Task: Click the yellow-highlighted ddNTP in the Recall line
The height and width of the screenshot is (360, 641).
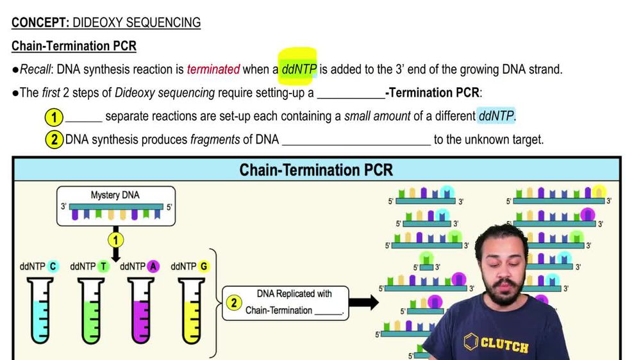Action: pyautogui.click(x=299, y=69)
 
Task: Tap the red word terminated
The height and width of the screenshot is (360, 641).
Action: pyautogui.click(x=213, y=69)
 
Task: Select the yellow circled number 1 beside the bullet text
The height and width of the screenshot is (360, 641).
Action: pyautogui.click(x=54, y=117)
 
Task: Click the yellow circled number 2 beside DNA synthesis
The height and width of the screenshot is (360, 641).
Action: pyautogui.click(x=54, y=139)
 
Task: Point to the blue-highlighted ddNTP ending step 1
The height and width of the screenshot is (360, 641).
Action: pyautogui.click(x=496, y=117)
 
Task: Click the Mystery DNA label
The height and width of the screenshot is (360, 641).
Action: pyautogui.click(x=115, y=195)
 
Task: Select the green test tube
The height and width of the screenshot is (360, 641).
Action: pyautogui.click(x=92, y=311)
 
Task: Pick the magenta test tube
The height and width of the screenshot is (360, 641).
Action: pyautogui.click(x=142, y=311)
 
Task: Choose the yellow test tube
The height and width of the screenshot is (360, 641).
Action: pyautogui.click(x=192, y=311)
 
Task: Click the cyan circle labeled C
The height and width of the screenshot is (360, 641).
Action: pyautogui.click(x=53, y=266)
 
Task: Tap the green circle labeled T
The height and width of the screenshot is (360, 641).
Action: pyautogui.click(x=103, y=266)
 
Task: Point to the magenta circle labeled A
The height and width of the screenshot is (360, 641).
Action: pyautogui.click(x=153, y=266)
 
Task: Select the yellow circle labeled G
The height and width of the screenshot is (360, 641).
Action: pyautogui.click(x=204, y=266)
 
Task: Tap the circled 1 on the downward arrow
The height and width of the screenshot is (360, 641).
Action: pyautogui.click(x=115, y=240)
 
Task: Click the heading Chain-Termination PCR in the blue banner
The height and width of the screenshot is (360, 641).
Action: pyautogui.click(x=316, y=169)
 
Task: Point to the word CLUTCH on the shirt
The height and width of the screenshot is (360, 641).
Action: pyautogui.click(x=504, y=345)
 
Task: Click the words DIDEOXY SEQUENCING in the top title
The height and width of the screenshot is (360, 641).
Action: pyautogui.click(x=137, y=23)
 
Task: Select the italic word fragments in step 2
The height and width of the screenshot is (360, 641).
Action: pyautogui.click(x=215, y=139)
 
